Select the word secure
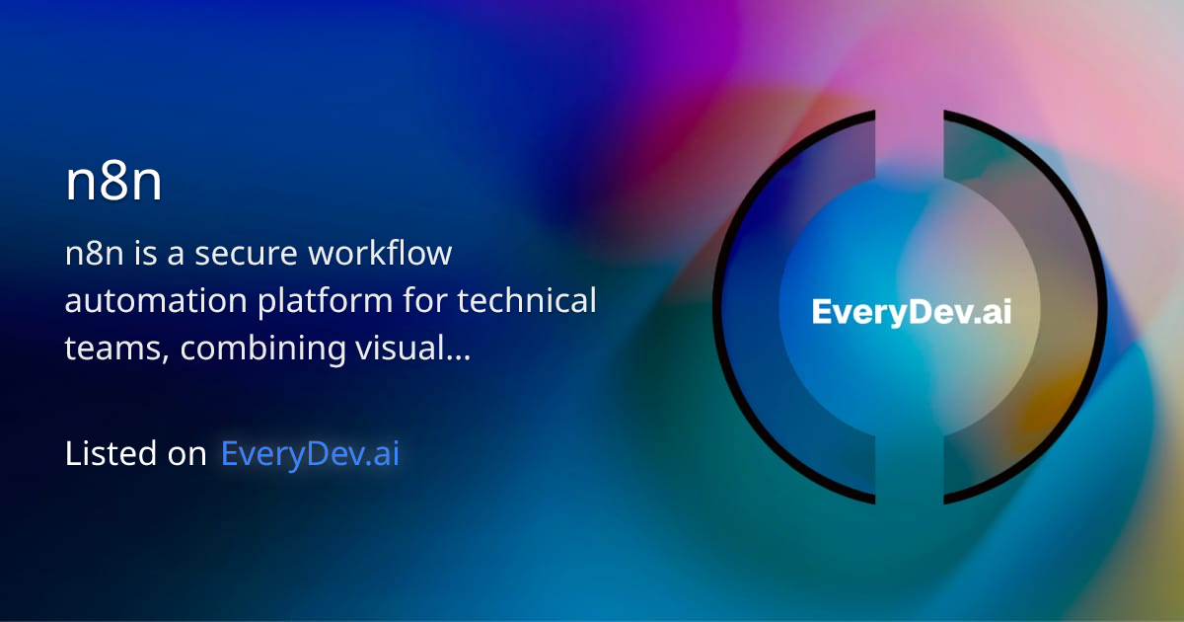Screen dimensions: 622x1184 247,255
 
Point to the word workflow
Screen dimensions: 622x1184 381,255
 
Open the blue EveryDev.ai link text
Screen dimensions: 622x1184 310,454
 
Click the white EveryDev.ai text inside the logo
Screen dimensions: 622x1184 911,313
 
